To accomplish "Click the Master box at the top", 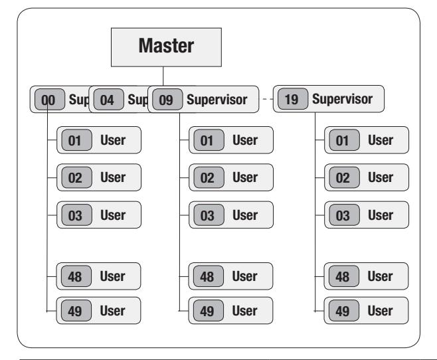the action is [x=166, y=47].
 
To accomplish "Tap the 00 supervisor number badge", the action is [x=50, y=100].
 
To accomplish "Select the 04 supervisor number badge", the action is [x=109, y=100].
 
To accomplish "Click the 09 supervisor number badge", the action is [x=167, y=100].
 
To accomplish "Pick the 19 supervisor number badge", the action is [x=293, y=99].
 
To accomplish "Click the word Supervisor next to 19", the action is [x=342, y=99].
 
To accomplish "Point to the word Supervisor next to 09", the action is [x=217, y=100].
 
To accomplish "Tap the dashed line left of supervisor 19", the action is [x=268, y=99].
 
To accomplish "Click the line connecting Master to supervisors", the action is [x=163, y=76].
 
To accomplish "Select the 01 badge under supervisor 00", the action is [x=76, y=140].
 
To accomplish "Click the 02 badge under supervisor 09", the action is [x=209, y=177].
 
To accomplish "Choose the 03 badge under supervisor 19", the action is [x=344, y=215].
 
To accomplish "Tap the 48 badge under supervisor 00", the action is [x=76, y=276].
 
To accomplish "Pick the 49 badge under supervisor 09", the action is [x=208, y=311].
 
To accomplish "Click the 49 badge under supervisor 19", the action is [x=343, y=311].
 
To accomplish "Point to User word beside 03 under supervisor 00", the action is [x=113, y=215].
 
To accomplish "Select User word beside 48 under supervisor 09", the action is [x=244, y=276].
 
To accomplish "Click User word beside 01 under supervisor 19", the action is [x=381, y=140].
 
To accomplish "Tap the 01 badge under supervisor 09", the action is [x=209, y=140].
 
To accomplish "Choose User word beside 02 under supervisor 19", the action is [x=381, y=177].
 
